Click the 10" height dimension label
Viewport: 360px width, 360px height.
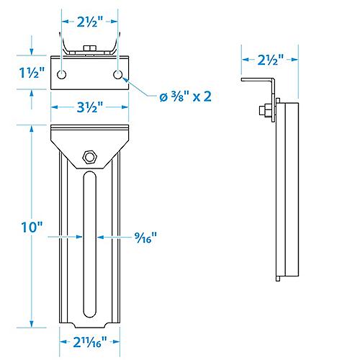coord(31,227)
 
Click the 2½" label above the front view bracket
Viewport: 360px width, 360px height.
coord(89,21)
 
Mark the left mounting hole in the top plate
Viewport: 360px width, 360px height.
coord(63,75)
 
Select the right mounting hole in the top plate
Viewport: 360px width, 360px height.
coord(117,75)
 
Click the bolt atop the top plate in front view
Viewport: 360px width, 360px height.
coord(89,48)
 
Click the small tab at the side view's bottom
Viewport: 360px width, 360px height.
coord(277,277)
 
